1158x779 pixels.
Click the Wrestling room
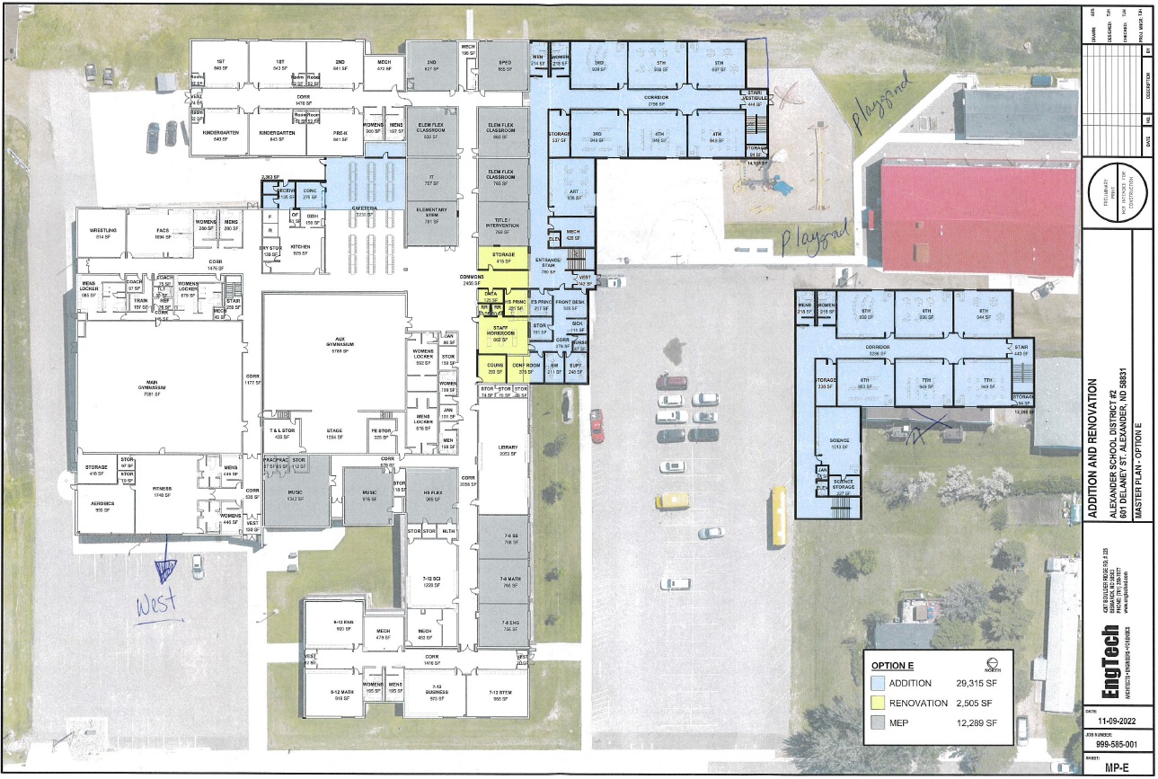(x=101, y=233)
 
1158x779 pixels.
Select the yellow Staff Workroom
(x=503, y=335)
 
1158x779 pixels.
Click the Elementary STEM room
(x=431, y=215)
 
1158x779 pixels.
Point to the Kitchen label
(x=300, y=249)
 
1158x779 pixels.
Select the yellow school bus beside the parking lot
(x=776, y=518)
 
